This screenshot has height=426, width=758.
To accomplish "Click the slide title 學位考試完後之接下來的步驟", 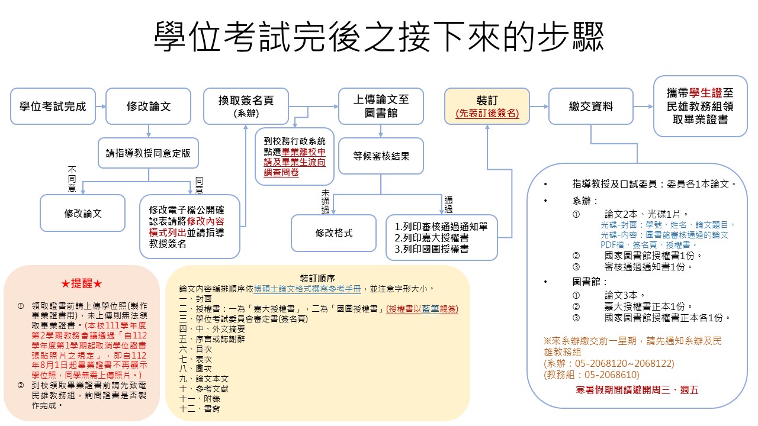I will coord(379,37).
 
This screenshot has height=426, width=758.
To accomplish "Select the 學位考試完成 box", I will coord(53,106).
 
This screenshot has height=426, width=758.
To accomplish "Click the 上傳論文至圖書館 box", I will coord(381,106).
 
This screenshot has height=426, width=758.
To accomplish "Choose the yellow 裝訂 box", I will coord(487,106).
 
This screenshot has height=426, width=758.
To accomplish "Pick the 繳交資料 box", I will coord(591,106).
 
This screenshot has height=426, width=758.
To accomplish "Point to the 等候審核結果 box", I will coord(381,157).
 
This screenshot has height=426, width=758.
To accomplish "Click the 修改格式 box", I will coord(333,233).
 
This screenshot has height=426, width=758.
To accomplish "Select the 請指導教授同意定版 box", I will coord(148,153).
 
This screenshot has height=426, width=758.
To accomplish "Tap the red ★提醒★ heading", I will coord(82,283).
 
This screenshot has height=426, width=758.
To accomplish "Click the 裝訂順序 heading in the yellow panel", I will coord(317,278).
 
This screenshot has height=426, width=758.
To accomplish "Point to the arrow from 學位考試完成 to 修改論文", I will coord(101,106).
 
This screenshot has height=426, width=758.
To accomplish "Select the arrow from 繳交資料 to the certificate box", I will coord(644,106).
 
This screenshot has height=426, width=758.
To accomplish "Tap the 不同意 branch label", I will coord(72,179).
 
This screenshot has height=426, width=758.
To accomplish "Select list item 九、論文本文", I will coord(204,378).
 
